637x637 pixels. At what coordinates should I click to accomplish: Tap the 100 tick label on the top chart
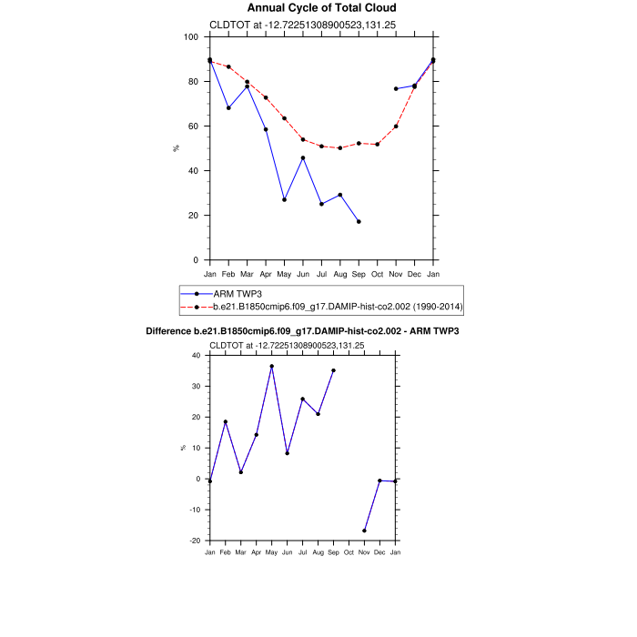coord(190,37)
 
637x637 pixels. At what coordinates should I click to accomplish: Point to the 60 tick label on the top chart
coord(193,126)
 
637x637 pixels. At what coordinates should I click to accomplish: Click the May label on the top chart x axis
coord(284,273)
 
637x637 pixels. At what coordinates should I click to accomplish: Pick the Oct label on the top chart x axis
coord(377,273)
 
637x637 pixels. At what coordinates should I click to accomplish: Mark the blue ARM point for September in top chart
coord(359,221)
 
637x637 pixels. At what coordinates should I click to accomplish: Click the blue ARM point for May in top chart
coord(284,199)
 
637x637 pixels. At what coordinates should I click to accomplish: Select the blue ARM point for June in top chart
coord(303,157)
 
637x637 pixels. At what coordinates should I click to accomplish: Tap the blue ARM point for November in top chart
coord(396,88)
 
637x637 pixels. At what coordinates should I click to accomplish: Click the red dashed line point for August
coord(339,147)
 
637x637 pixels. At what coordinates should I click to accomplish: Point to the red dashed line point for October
coord(377,144)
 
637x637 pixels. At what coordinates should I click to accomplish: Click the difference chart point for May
coord(271,366)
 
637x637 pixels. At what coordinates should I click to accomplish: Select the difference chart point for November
coord(364,531)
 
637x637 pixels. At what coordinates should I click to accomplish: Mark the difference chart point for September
coord(333,370)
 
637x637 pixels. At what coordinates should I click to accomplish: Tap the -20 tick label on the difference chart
coord(194,541)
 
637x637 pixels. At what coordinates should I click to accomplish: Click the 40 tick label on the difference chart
coord(196,355)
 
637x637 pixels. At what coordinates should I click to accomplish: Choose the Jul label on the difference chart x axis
coord(302,553)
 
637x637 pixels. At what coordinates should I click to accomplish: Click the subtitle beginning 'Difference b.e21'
coord(302,331)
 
